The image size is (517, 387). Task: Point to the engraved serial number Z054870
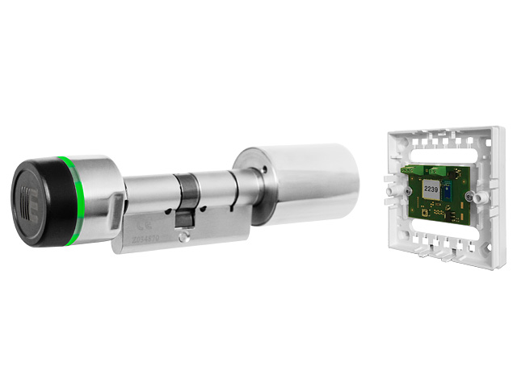point(150,240)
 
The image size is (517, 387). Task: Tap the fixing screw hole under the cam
point(184,236)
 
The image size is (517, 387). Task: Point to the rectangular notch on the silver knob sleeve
point(120,196)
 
